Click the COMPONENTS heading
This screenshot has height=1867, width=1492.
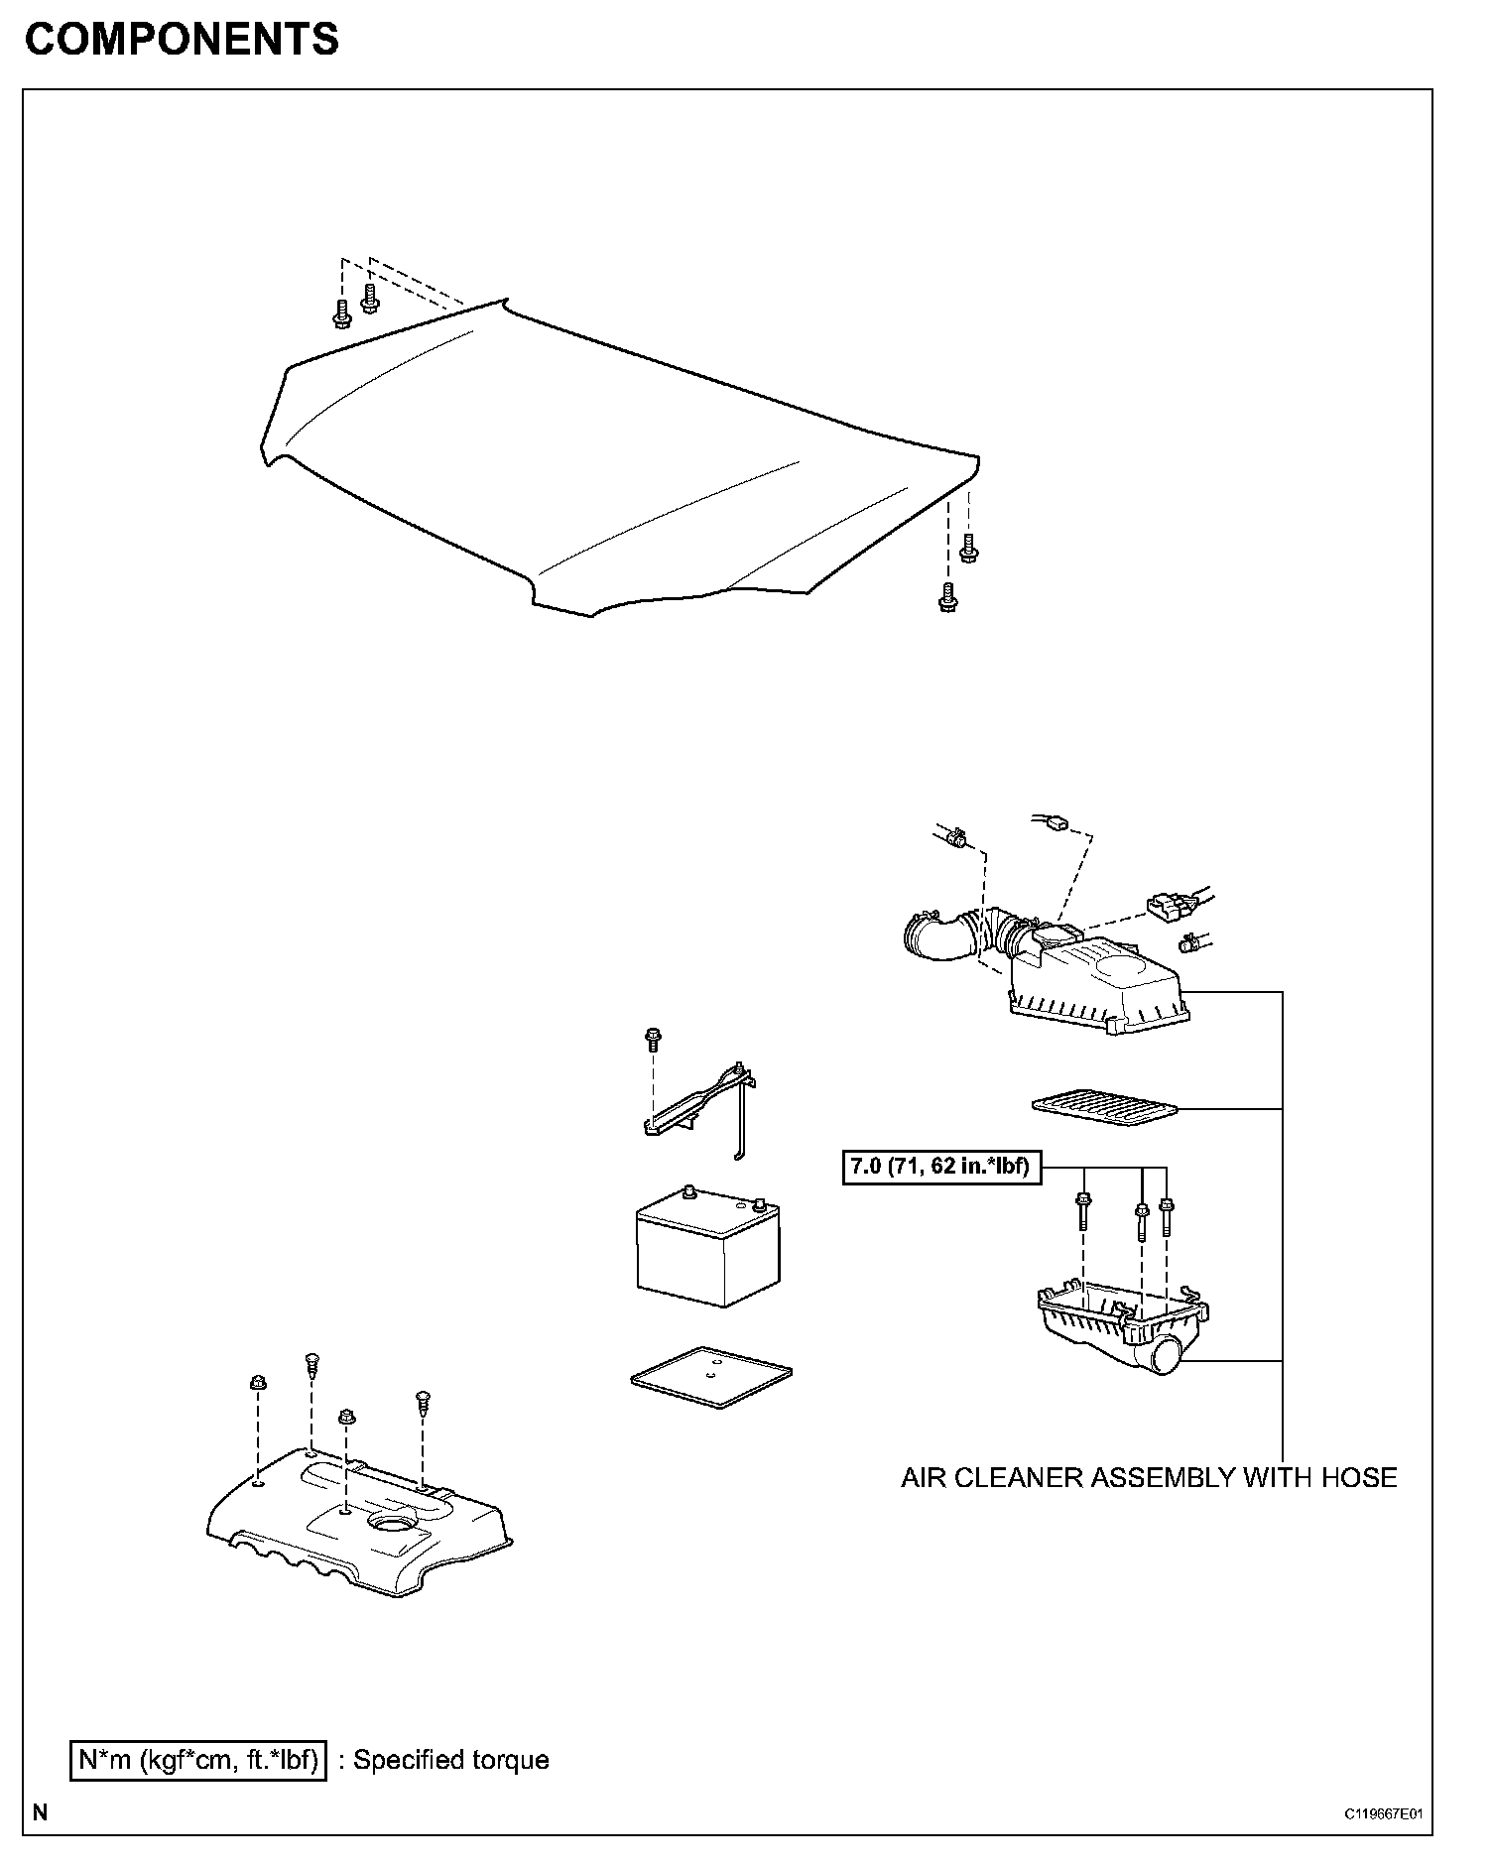(182, 41)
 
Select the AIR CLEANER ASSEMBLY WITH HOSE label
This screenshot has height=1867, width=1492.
(1148, 1478)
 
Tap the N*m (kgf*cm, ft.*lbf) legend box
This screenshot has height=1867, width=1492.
(198, 1760)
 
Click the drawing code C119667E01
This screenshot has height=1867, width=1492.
(1383, 1813)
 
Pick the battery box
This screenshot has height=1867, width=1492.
(707, 1250)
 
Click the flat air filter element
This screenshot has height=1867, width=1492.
(1104, 1106)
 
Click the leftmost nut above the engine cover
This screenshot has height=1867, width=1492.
(257, 1383)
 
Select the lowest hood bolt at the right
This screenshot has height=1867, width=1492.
(947, 597)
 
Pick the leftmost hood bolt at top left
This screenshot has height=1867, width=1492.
(342, 314)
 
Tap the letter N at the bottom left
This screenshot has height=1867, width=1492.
(40, 1812)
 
